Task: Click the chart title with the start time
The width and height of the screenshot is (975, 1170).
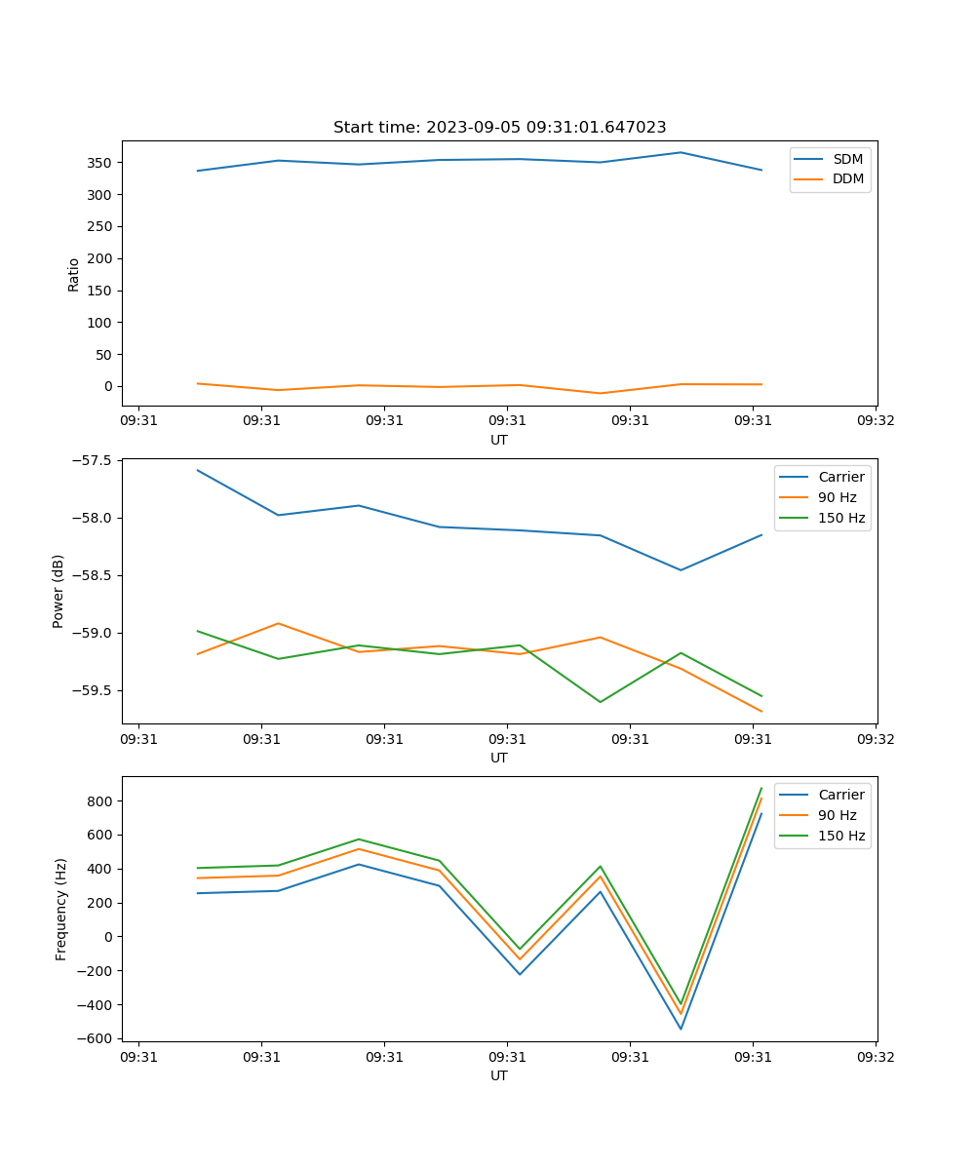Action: (x=499, y=128)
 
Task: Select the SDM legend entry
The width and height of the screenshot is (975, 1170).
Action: (x=847, y=159)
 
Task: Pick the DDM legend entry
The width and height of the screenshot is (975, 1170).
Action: (x=847, y=179)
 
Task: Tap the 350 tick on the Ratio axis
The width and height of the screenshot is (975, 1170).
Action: (x=103, y=163)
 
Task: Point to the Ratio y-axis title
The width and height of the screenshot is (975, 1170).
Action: (x=74, y=274)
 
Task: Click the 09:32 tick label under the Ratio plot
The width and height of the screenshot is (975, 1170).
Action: (x=875, y=421)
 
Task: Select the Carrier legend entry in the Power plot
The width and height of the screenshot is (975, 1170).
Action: (x=840, y=478)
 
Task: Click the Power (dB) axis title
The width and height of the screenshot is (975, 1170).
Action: (x=58, y=591)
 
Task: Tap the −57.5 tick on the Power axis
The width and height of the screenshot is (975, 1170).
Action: (x=92, y=461)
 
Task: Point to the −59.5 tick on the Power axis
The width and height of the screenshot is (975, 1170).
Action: (x=92, y=691)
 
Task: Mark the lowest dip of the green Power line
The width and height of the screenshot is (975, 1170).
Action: (x=600, y=702)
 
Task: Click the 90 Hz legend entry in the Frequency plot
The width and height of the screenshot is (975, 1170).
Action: (x=837, y=816)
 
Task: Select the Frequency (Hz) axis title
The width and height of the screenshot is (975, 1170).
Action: (x=61, y=909)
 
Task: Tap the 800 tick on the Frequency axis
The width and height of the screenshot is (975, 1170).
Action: (x=102, y=801)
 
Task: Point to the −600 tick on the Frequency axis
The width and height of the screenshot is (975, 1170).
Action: (x=98, y=1039)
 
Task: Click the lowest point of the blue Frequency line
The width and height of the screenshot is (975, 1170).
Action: (x=681, y=1030)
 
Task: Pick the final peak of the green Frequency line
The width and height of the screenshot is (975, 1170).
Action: (x=761, y=788)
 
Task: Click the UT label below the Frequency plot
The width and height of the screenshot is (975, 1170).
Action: (x=499, y=1076)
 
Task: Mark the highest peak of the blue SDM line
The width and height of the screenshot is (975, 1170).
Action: (x=681, y=152)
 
